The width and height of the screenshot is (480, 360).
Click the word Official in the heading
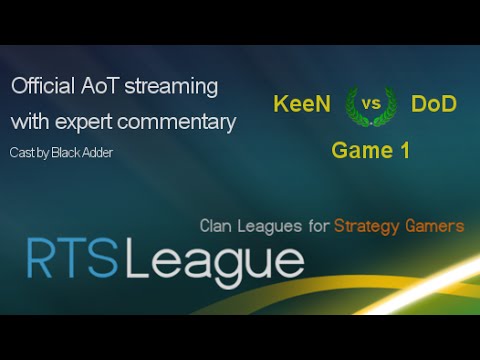click(x=41, y=87)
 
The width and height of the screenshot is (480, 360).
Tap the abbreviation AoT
click(x=100, y=87)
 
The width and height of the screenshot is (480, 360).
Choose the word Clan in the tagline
click(x=218, y=226)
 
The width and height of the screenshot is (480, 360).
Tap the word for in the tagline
click(x=318, y=226)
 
